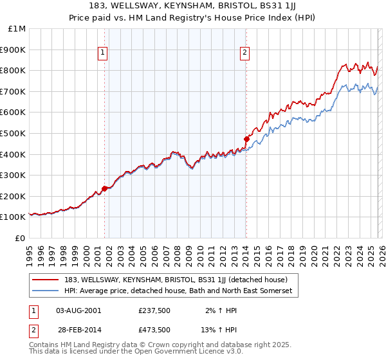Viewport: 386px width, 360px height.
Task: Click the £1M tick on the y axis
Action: (x=17, y=29)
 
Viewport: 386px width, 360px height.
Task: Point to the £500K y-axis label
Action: (x=14, y=134)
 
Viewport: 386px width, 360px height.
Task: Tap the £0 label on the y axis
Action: (x=21, y=238)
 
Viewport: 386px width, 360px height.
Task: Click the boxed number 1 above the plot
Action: (x=103, y=53)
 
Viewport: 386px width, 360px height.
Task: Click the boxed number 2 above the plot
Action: (x=245, y=53)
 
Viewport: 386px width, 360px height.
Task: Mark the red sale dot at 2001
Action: (x=104, y=188)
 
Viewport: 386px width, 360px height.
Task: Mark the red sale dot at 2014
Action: (x=246, y=139)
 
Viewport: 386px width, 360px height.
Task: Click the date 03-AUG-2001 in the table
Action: (x=78, y=310)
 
